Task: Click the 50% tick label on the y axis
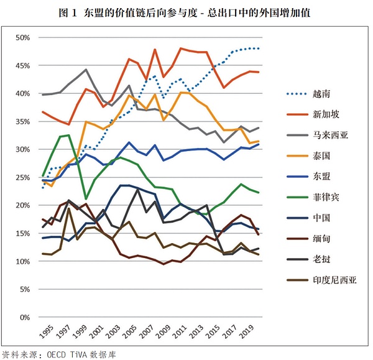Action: tap(22, 37)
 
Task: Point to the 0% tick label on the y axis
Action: tap(25, 317)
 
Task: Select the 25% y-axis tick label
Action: tap(22, 177)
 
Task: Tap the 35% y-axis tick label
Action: tap(22, 121)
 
